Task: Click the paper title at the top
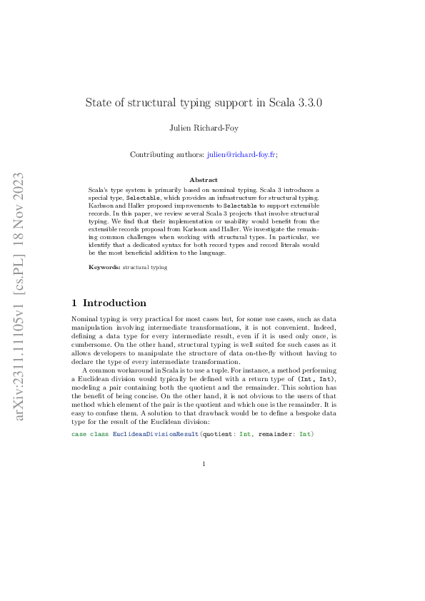204,102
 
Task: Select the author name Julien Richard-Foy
204,128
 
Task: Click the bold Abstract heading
204,180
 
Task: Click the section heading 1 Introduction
109,303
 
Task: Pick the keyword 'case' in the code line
79,434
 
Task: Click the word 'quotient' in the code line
217,434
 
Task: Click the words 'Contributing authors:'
168,154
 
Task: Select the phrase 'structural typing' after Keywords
145,267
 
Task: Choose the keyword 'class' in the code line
99,434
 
